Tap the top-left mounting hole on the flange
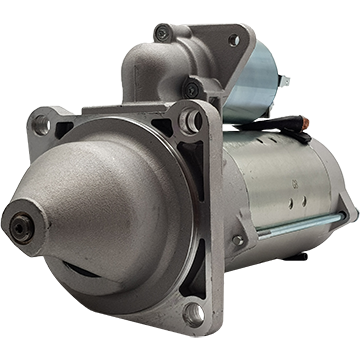tap(41, 125)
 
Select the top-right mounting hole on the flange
tap(191, 121)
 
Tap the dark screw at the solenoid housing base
tap(190, 90)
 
